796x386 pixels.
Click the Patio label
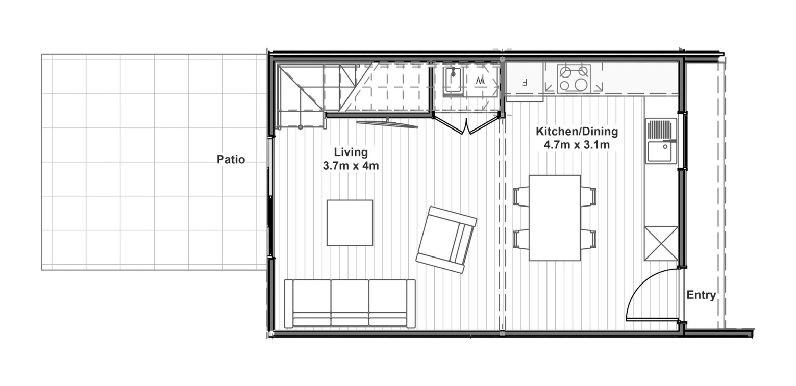coord(231,160)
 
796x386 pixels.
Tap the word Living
coord(351,152)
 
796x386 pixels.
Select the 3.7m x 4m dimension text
coord(351,166)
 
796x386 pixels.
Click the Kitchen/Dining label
coord(577,132)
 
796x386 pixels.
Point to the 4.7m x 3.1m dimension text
coord(577,145)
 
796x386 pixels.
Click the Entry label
coord(701,295)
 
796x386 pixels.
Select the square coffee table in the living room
coord(350,223)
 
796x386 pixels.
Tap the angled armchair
coord(446,240)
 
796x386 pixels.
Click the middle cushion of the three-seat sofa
coord(350,303)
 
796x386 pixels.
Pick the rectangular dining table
coord(554,218)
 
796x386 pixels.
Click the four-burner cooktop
coord(574,79)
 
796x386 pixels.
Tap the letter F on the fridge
coord(524,83)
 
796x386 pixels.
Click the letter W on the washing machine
coord(480,80)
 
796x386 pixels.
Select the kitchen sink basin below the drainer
coord(661,151)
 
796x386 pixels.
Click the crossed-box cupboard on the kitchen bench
coord(661,244)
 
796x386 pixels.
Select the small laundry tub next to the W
coord(453,81)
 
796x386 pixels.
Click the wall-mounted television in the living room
coord(387,124)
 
